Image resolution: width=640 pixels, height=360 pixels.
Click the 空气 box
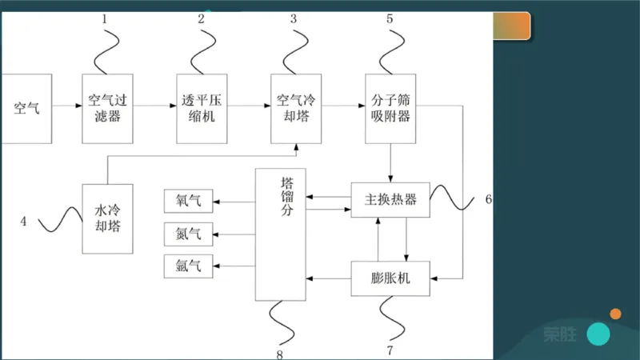click(x=26, y=108)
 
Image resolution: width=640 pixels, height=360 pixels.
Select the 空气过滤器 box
click(x=106, y=108)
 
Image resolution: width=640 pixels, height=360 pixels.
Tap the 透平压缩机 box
click(x=200, y=108)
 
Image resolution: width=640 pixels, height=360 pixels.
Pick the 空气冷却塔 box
click(x=294, y=108)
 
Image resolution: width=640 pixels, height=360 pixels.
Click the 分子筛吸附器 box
click(x=390, y=108)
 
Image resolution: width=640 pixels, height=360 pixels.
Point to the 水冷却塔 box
click(x=107, y=218)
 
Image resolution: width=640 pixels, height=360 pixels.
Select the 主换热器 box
click(x=390, y=200)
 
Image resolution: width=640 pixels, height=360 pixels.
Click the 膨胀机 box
click(x=390, y=278)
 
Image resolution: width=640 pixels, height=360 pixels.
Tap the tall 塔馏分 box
click(x=280, y=234)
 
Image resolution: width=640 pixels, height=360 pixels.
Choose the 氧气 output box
click(x=188, y=201)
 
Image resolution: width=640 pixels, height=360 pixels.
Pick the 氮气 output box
click(x=188, y=234)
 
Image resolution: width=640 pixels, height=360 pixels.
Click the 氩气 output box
click(x=188, y=266)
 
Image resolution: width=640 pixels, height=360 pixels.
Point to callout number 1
click(x=105, y=18)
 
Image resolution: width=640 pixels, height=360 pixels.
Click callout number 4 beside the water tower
click(x=23, y=222)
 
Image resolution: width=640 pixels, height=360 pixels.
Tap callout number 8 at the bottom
click(x=279, y=352)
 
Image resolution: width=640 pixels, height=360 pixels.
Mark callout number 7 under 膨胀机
click(x=390, y=350)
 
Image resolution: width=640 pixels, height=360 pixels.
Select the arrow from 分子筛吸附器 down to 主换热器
click(x=390, y=164)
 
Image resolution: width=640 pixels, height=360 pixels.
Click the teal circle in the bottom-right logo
click(x=598, y=334)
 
